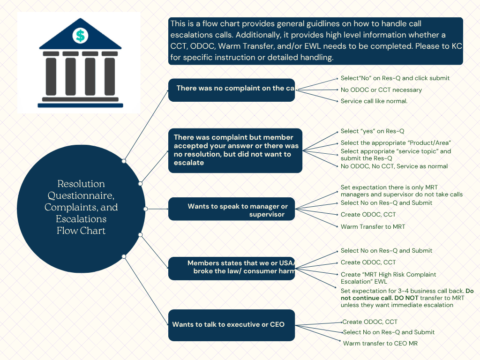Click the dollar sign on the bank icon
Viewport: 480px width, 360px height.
click(x=80, y=35)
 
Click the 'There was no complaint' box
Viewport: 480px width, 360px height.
click(x=232, y=90)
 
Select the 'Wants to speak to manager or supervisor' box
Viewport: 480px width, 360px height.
click(x=232, y=209)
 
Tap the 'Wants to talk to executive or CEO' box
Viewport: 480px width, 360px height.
click(x=232, y=325)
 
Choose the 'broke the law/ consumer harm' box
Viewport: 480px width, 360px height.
click(x=232, y=268)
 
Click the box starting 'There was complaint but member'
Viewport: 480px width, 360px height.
click(x=235, y=150)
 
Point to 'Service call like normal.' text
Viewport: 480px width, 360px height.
click(x=374, y=101)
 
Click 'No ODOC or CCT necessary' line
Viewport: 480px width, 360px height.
click(x=381, y=90)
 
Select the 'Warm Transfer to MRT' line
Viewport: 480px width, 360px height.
click(x=373, y=226)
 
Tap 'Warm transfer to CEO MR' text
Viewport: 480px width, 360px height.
click(x=380, y=343)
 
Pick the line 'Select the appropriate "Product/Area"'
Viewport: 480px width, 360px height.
click(x=396, y=142)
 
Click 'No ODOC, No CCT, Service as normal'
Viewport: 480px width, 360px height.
click(x=394, y=166)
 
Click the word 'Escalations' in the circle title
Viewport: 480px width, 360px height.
click(x=81, y=219)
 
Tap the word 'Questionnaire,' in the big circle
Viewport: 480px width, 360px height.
click(x=81, y=195)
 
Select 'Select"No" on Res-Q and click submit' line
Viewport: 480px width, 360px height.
click(x=395, y=78)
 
